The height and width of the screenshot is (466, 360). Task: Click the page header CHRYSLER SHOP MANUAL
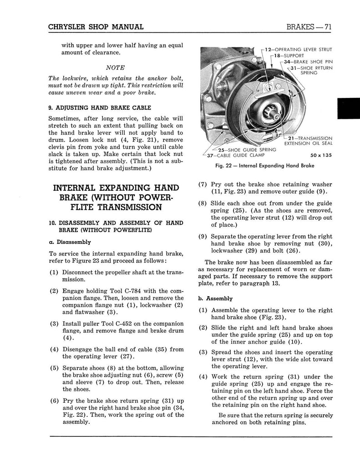96,27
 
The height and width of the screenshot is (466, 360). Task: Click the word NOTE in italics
109,67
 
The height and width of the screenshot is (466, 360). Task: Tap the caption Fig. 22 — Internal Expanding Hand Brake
265,166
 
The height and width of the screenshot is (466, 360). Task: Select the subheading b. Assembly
216,299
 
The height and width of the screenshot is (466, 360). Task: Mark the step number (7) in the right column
203,185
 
